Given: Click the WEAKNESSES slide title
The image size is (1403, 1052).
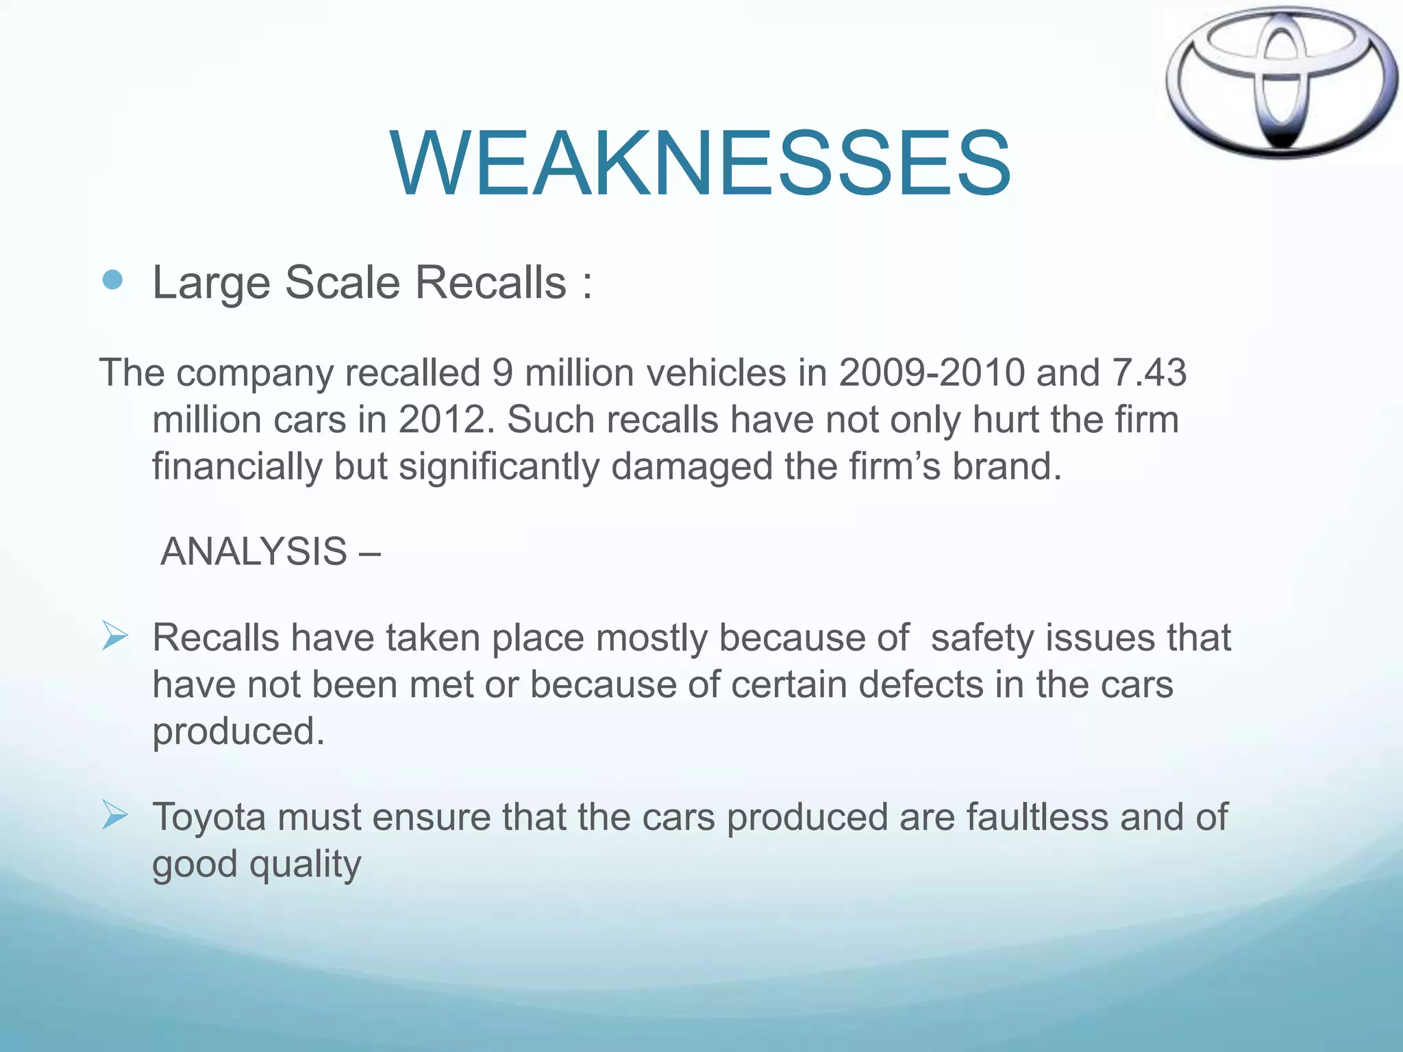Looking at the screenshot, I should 700,164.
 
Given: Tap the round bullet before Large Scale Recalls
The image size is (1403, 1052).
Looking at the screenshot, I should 112,280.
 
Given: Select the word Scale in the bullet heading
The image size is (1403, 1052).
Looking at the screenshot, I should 342,282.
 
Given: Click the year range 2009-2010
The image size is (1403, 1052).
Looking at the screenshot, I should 932,373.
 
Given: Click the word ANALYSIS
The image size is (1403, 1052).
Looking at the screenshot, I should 253,551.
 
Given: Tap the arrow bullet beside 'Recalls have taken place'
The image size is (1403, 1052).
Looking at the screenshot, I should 114,636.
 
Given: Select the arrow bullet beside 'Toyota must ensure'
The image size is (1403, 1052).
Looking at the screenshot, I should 114,815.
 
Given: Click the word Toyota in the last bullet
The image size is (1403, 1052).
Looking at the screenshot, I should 209,817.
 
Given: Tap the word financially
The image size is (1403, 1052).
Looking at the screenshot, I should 237,467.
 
